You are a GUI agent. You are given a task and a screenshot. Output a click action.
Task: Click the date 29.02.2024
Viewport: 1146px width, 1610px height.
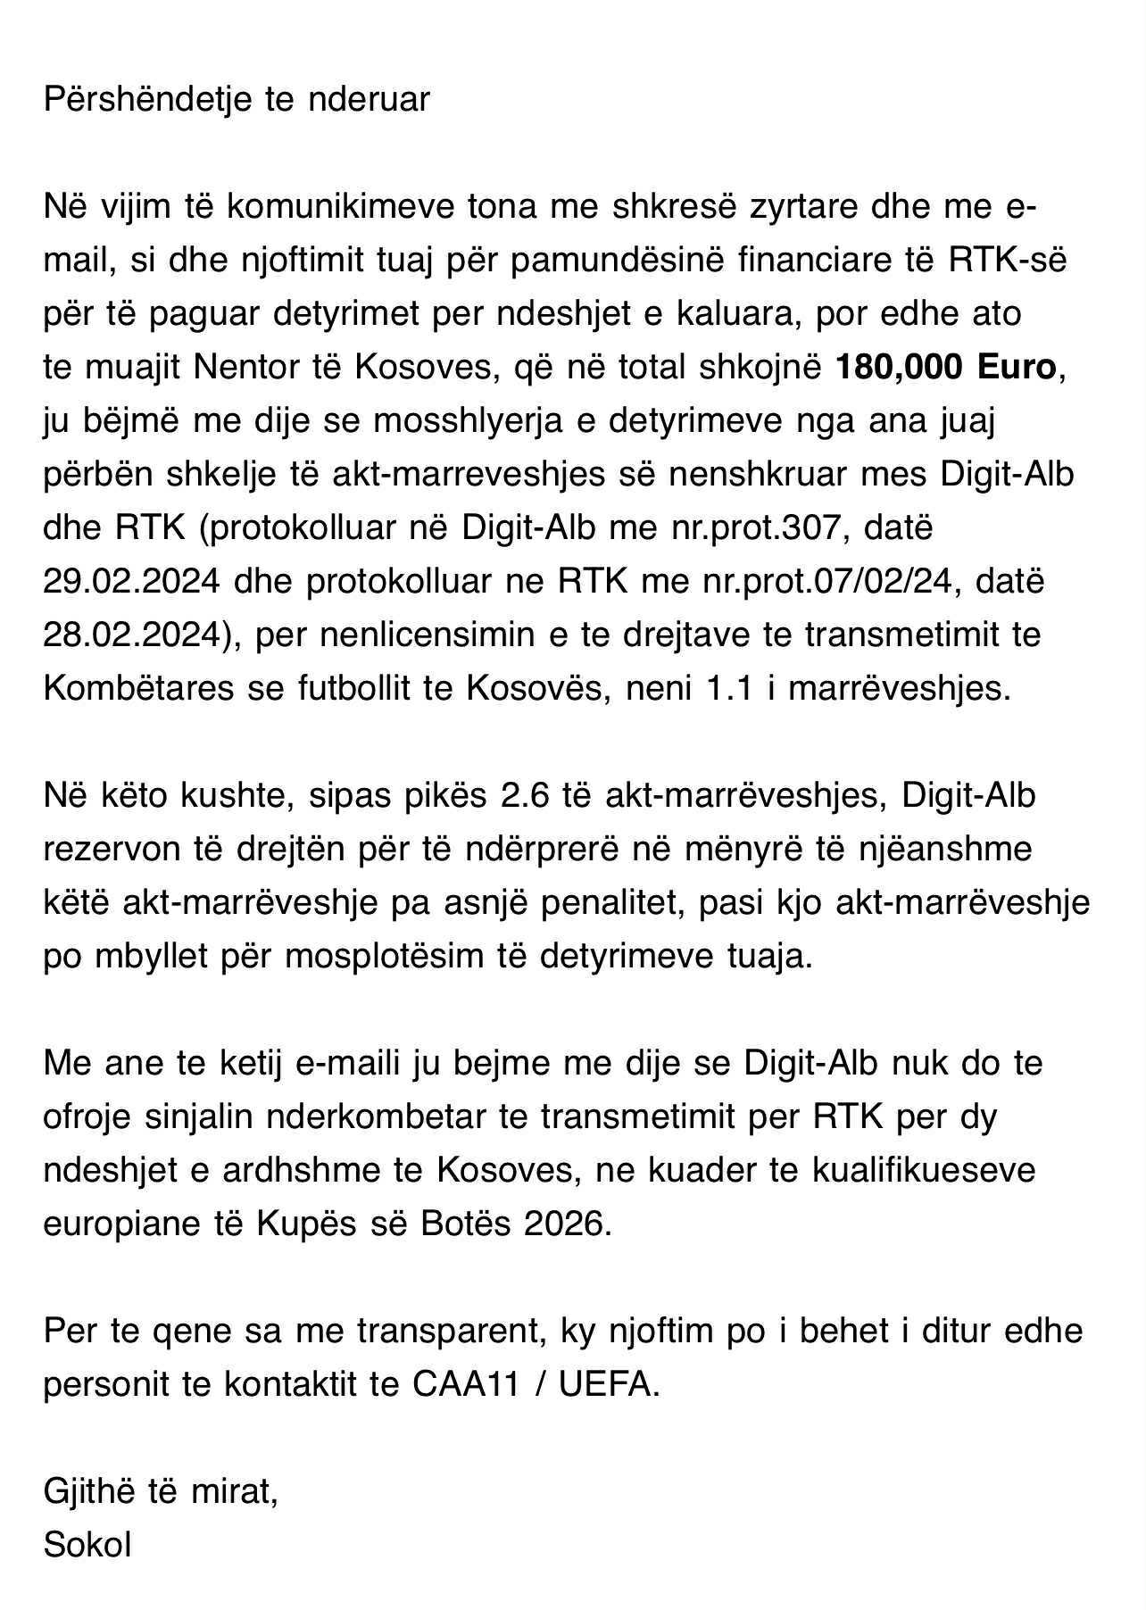coord(131,581)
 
